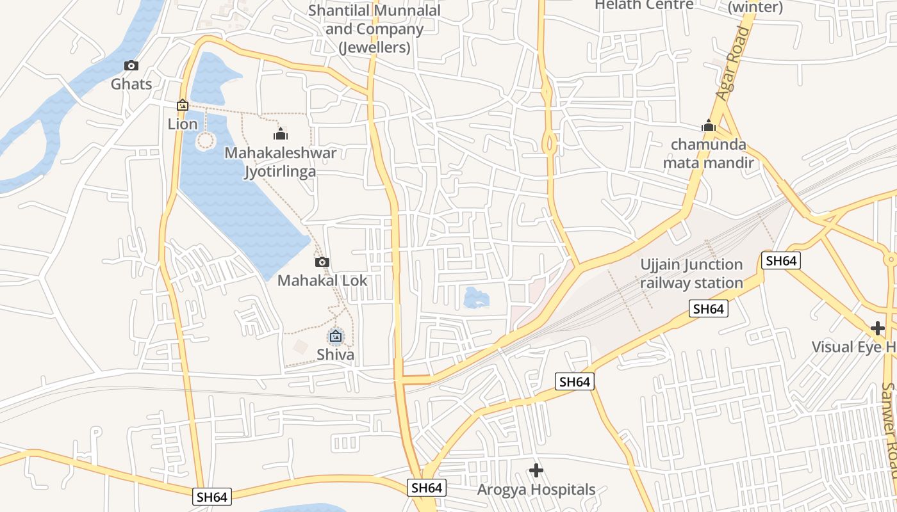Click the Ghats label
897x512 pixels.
[x=131, y=84]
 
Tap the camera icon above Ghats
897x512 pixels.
[x=131, y=65]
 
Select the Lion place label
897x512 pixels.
[x=183, y=124]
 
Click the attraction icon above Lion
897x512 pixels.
[x=183, y=105]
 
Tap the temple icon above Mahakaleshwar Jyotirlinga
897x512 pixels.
[x=280, y=134]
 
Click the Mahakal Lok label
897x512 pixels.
[x=322, y=280]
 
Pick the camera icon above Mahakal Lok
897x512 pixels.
[x=322, y=262]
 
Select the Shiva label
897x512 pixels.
[x=335, y=355]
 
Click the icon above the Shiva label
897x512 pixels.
[x=335, y=335]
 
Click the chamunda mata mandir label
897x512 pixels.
[x=708, y=154]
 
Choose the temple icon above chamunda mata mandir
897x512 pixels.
[x=708, y=125]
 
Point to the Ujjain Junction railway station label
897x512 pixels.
[x=691, y=274]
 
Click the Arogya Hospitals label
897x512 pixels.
[x=536, y=490]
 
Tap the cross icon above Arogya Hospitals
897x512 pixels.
[x=536, y=471]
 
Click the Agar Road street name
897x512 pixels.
[x=734, y=64]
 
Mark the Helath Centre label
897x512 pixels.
[x=644, y=5]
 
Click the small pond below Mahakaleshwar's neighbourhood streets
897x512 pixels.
[x=476, y=298]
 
